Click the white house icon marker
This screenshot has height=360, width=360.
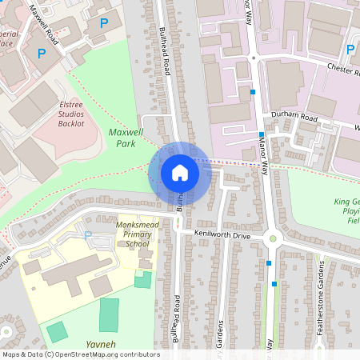point(179,172)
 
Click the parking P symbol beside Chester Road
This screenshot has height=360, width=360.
point(350,50)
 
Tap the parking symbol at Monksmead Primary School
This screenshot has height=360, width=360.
point(89,236)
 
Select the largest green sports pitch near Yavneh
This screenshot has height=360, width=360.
point(109,314)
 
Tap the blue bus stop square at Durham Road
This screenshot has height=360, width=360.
point(261,134)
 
